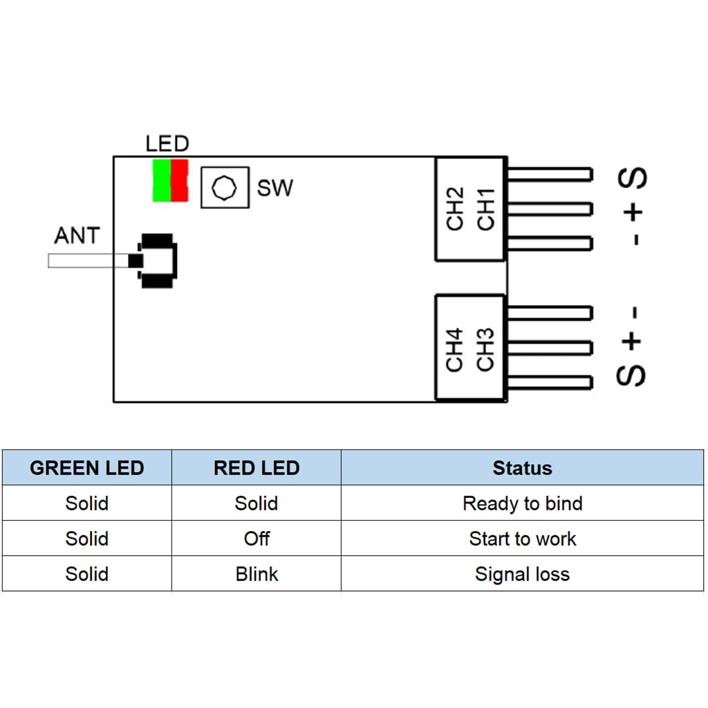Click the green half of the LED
(162, 180)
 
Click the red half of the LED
(180, 180)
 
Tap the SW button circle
(224, 187)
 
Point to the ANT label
(77, 236)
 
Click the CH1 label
(486, 209)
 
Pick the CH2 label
(455, 209)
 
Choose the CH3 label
(485, 350)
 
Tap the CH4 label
(454, 350)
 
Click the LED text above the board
(167, 144)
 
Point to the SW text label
(275, 188)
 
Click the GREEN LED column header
(86, 468)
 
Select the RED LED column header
(257, 468)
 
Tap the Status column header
(523, 468)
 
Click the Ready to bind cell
(523, 503)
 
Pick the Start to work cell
(523, 539)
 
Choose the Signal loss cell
(523, 574)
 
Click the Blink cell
(257, 574)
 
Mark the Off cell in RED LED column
(257, 539)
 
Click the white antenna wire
(88, 261)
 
